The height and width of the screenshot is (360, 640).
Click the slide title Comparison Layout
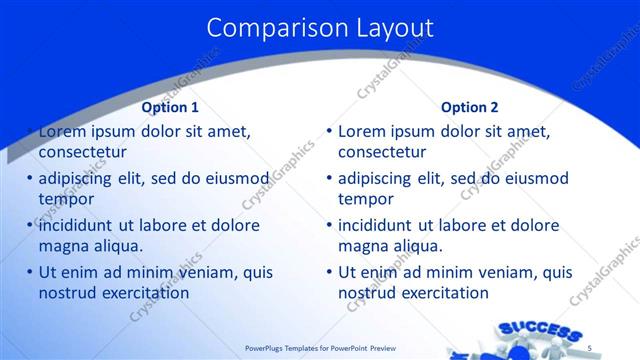tap(320, 27)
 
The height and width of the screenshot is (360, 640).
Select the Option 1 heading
tap(170, 107)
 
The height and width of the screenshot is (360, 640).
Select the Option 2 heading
tap(469, 107)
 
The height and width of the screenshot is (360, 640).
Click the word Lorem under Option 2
tap(361, 131)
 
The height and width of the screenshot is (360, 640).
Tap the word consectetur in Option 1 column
tap(83, 152)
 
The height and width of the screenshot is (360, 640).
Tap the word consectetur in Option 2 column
tap(382, 152)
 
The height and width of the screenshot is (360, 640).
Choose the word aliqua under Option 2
tap(416, 246)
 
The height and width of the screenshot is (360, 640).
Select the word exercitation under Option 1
tap(142, 293)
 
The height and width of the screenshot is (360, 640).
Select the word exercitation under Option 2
tap(441, 293)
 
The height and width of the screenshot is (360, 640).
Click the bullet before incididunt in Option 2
tap(329, 226)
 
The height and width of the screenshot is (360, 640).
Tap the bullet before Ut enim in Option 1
tap(30, 273)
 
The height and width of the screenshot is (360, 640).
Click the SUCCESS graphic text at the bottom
tap(539, 331)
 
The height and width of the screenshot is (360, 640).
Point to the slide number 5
tap(590, 347)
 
